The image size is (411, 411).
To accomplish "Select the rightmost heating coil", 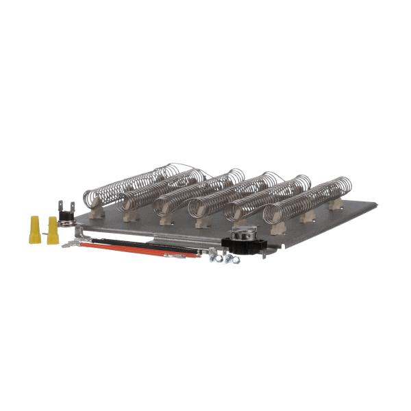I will (308, 199).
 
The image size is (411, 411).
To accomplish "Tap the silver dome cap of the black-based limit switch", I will (242, 232).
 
